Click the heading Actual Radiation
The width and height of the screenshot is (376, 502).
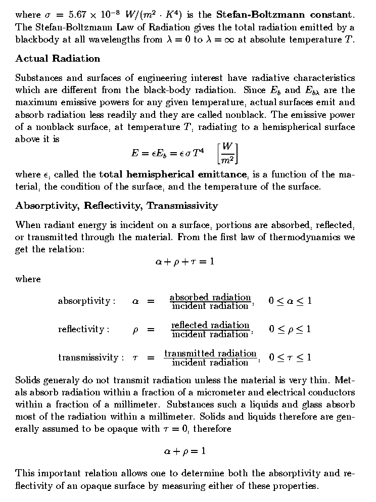[58, 59]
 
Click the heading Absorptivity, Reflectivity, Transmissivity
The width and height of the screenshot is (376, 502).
[117, 206]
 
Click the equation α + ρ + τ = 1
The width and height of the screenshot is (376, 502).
[184, 262]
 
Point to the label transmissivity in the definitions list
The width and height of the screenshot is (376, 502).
[88, 358]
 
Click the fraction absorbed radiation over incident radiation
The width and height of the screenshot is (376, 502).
[210, 301]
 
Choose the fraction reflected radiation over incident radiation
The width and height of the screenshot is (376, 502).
[210, 330]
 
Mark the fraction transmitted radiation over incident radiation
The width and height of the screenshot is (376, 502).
[210, 358]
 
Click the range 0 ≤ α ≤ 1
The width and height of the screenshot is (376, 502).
[290, 301]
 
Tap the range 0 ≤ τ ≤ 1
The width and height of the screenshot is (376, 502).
[290, 358]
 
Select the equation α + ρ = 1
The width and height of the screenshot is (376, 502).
[184, 451]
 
